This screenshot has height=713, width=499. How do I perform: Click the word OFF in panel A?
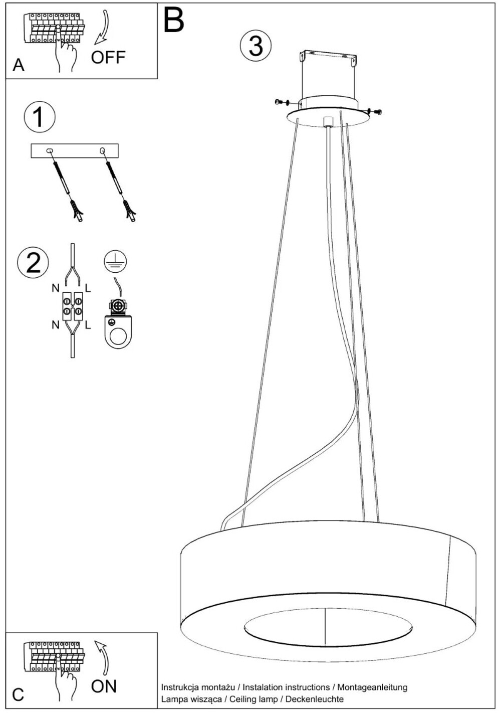(108, 57)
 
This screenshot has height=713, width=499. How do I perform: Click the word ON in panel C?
(104, 686)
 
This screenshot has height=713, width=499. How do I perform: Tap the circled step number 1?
(39, 117)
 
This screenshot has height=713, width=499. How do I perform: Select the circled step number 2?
(33, 263)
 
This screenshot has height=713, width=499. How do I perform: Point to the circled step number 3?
(256, 46)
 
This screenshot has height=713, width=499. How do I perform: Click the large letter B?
(174, 20)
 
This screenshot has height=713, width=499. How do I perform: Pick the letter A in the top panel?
(18, 65)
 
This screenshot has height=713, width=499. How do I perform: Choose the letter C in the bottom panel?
(18, 694)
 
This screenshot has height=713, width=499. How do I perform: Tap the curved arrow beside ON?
(102, 657)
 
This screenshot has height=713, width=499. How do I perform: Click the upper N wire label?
(55, 288)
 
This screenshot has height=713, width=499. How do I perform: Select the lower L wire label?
(88, 325)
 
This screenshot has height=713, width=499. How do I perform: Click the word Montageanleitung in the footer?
(372, 687)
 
